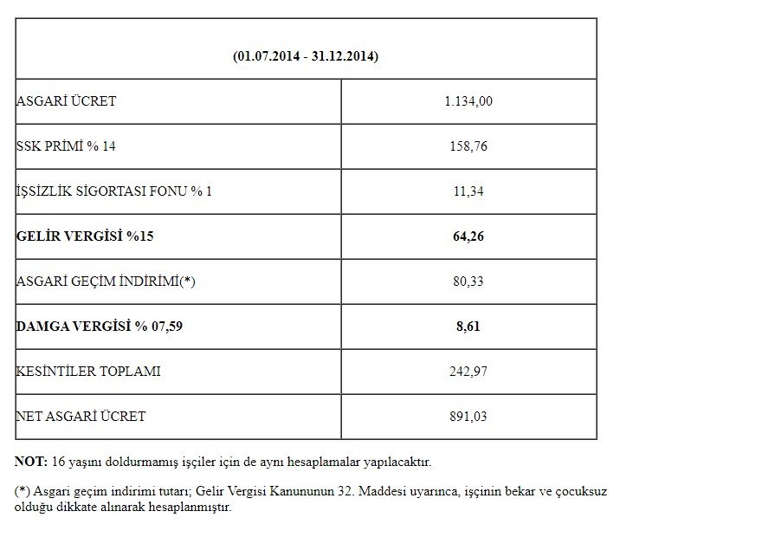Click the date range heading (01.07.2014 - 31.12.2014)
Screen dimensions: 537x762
point(306,56)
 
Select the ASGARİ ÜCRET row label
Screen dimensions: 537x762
point(66,101)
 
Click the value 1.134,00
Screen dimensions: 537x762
point(468,101)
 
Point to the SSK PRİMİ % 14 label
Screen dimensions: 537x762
point(66,146)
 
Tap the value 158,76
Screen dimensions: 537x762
point(468,146)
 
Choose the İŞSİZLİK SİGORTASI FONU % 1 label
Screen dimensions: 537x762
point(114,191)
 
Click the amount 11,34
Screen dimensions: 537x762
point(468,191)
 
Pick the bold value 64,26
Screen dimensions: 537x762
point(468,236)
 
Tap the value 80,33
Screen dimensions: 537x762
point(468,281)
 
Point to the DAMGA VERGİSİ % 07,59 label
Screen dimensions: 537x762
point(100,327)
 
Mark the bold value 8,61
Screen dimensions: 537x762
point(468,327)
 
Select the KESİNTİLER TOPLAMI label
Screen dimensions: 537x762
point(88,372)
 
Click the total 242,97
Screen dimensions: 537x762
point(468,372)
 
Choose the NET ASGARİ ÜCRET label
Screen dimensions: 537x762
point(81,417)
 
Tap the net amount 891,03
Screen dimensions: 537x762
point(468,417)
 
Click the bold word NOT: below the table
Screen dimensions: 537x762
point(31,463)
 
